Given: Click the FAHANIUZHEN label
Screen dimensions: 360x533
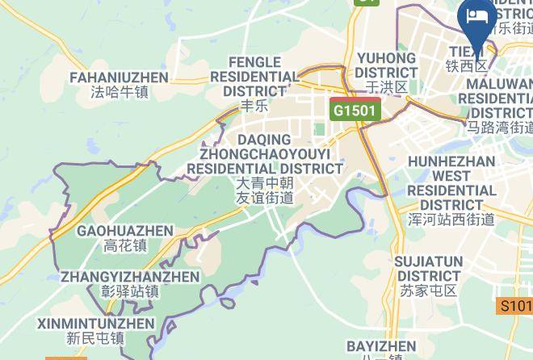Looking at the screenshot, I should [119, 77].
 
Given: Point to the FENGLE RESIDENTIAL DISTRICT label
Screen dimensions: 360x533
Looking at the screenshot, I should [255, 76].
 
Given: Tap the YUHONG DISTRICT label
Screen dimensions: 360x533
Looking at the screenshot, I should [386, 65].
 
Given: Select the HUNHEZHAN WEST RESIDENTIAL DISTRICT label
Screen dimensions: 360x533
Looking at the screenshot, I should [451, 183].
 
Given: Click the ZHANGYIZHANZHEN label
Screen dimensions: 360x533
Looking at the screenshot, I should [129, 277].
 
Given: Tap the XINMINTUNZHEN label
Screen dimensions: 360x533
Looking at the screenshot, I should [95, 324].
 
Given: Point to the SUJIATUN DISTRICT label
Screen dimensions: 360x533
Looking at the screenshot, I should [428, 269].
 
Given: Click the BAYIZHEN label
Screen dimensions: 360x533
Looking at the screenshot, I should [381, 346].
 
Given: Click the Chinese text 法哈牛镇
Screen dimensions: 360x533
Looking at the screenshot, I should [120, 93].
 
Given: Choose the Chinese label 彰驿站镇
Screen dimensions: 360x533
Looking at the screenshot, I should [129, 291].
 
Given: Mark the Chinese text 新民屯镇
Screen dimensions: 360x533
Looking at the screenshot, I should [95, 339].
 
